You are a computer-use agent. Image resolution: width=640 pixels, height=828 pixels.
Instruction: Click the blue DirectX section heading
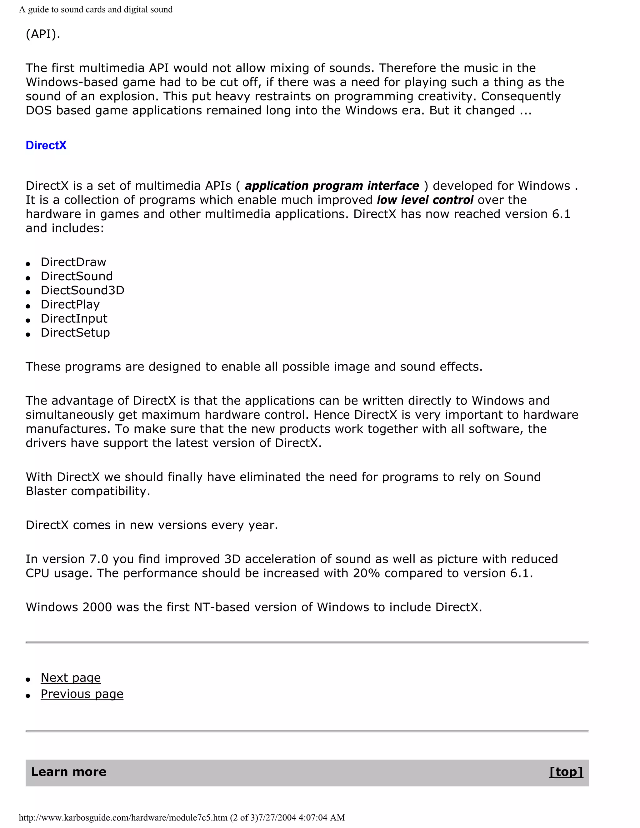tap(46, 145)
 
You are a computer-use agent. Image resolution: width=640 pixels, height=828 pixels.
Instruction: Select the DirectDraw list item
tap(73, 262)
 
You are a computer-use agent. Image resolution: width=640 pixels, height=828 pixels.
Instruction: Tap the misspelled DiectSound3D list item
tap(82, 290)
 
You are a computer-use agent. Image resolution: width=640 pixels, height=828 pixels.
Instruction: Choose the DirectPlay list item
tap(70, 304)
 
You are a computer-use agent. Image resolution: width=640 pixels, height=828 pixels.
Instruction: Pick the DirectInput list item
tap(74, 318)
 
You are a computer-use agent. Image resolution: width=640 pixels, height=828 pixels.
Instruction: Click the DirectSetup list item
tap(75, 332)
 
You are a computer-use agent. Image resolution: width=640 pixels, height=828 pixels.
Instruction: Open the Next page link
tap(71, 677)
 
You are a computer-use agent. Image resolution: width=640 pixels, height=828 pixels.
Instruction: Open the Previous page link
tap(82, 694)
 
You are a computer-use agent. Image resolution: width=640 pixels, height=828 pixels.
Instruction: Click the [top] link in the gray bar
tap(566, 771)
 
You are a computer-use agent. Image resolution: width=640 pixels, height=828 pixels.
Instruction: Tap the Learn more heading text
tap(69, 771)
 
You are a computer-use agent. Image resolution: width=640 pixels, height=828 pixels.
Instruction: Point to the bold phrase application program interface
tap(332, 186)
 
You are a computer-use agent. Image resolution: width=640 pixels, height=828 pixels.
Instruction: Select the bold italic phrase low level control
tap(425, 200)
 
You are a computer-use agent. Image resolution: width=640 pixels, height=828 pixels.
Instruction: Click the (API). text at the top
tap(43, 34)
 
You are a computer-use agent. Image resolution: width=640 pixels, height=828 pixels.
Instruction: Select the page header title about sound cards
tap(96, 9)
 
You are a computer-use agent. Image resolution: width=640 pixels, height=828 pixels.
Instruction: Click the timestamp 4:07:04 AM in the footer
tap(322, 817)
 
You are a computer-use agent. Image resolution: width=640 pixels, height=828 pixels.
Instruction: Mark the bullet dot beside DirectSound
tap(28, 278)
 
